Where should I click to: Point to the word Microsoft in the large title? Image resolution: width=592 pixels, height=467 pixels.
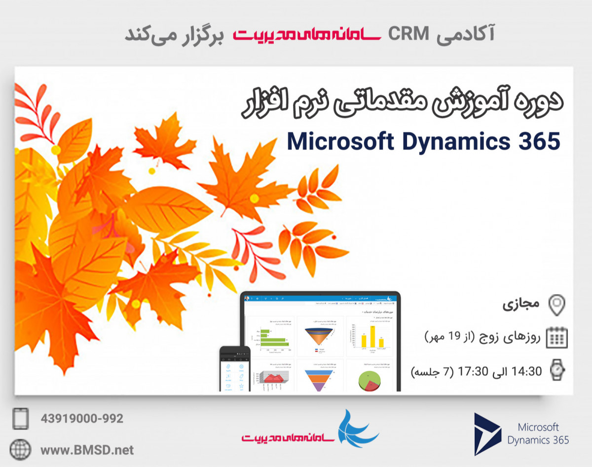tap(340, 142)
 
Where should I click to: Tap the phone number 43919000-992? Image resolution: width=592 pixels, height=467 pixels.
tap(82, 419)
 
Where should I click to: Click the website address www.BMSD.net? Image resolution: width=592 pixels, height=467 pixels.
tap(87, 449)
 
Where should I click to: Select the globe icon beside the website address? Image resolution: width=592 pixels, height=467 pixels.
tap(20, 449)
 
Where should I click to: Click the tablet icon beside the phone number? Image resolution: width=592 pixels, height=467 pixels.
tap(20, 419)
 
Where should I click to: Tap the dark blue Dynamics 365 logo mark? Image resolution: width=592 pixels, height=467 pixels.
tap(486, 434)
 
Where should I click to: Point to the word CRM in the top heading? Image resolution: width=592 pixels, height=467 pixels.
tap(407, 34)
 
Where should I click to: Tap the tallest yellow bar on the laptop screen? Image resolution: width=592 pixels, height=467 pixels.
tap(372, 335)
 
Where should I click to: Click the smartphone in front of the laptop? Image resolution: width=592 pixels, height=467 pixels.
tap(234, 369)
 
